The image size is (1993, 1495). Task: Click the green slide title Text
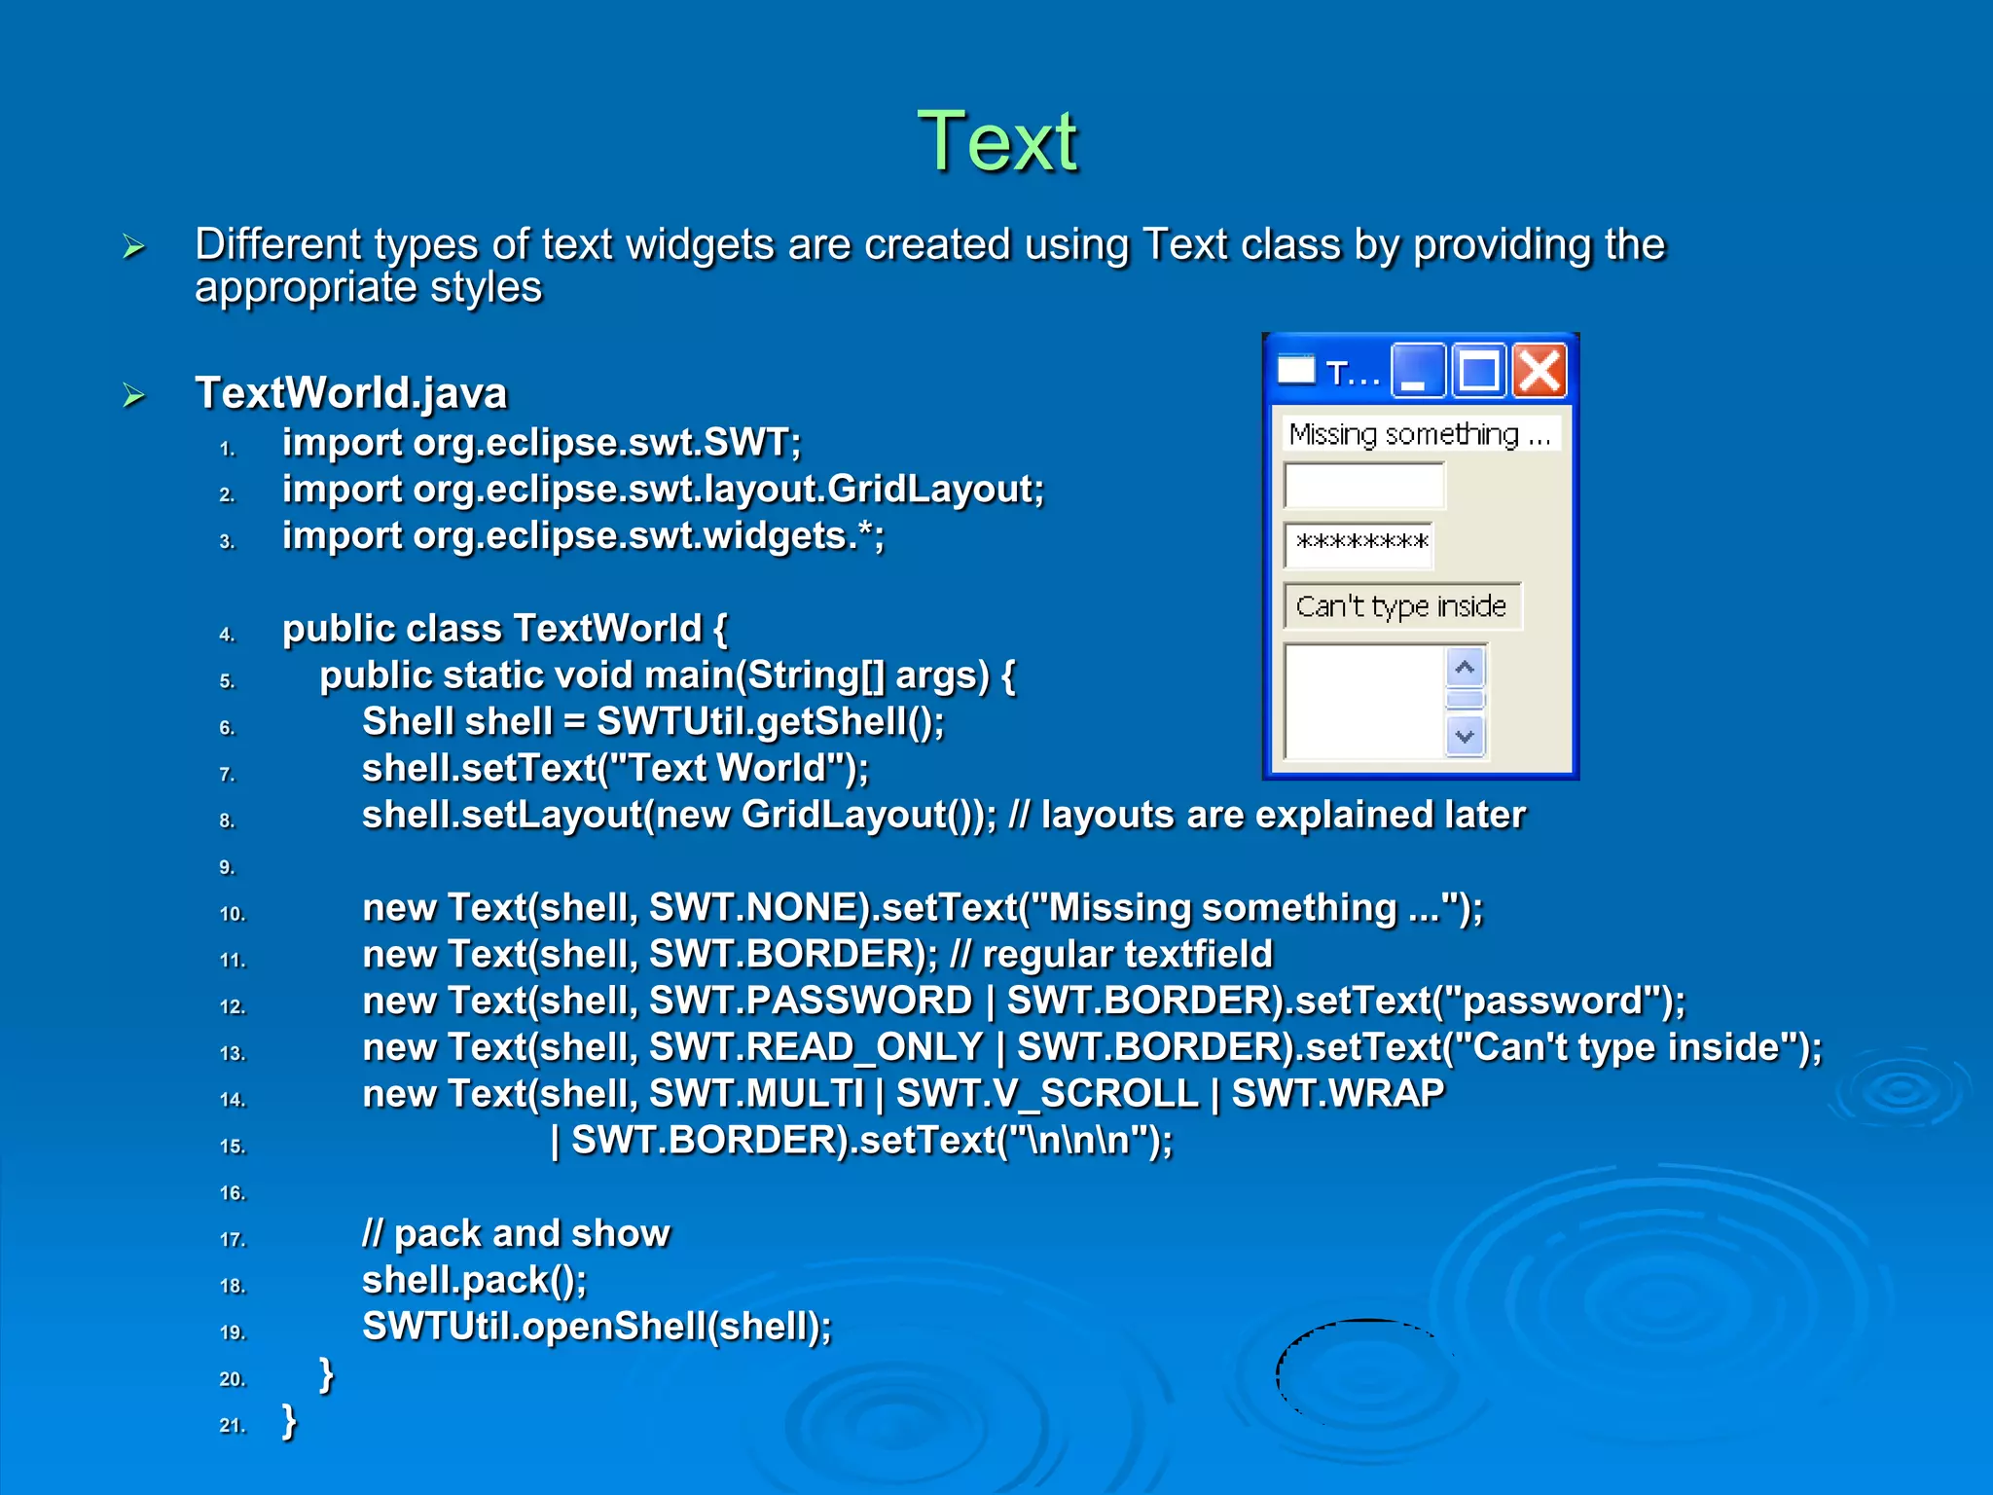(997, 142)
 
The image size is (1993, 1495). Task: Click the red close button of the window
(1540, 371)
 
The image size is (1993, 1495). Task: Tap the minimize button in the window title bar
(1417, 371)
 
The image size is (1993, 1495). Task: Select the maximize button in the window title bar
(1478, 371)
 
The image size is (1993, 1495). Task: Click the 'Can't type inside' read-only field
(1401, 606)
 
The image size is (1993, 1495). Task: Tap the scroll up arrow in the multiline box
(1465, 668)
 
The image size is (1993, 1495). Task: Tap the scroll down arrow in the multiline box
(1465, 736)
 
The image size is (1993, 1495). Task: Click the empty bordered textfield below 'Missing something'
(1364, 485)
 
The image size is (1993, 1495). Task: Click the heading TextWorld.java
(350, 393)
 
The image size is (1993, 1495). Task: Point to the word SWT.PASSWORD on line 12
(811, 1001)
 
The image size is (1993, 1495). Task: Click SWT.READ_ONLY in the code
(815, 1047)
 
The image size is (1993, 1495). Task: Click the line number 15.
(233, 1147)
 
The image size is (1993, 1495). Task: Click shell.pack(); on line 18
(474, 1280)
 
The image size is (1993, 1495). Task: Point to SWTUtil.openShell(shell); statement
(597, 1327)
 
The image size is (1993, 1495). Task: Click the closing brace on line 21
(289, 1421)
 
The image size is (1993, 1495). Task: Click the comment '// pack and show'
(516, 1233)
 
